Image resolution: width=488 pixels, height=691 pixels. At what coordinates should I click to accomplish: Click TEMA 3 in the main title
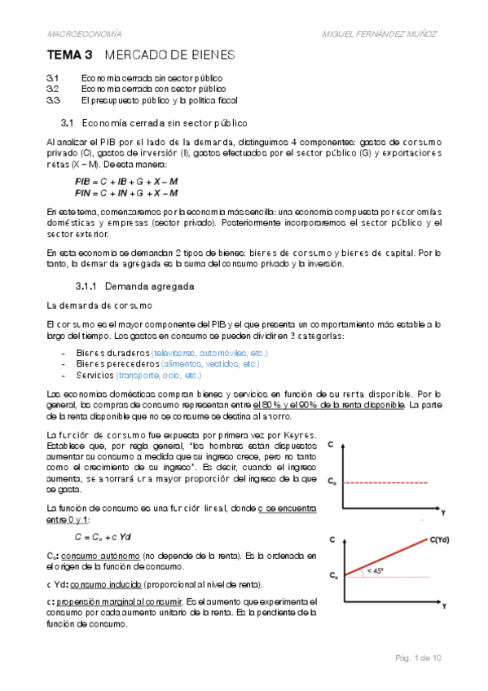[x=70, y=55]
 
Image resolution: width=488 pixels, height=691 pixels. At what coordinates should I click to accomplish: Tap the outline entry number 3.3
[x=54, y=100]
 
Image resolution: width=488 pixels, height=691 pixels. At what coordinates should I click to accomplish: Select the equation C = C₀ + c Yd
[x=103, y=537]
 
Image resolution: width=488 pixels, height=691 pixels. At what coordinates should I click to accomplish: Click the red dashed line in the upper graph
[x=391, y=482]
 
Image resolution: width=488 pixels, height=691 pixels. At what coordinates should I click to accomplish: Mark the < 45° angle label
[x=376, y=571]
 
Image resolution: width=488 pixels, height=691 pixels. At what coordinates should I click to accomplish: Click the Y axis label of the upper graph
[x=443, y=513]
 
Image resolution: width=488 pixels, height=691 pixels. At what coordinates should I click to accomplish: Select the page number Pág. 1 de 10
[x=418, y=657]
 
